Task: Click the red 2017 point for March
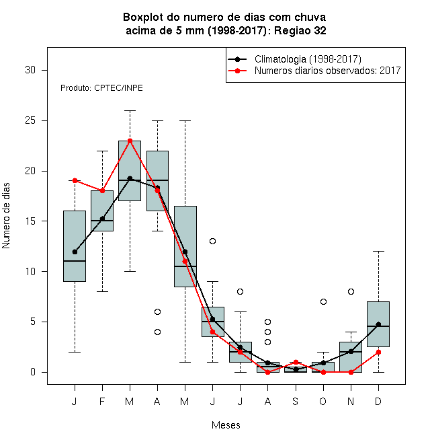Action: (130, 141)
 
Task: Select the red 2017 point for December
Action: (378, 352)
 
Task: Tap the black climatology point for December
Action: (378, 324)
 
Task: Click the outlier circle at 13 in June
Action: (213, 241)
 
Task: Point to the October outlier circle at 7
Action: (323, 301)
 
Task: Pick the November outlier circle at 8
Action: (351, 291)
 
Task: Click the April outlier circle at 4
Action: (158, 332)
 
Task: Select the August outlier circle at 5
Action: (268, 322)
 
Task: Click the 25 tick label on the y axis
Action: (30, 120)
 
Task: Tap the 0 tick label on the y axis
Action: (33, 372)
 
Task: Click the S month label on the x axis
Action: (296, 401)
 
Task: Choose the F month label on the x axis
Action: (102, 401)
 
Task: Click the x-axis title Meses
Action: (226, 425)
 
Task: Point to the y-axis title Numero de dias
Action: (6, 216)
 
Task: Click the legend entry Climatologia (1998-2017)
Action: (308, 59)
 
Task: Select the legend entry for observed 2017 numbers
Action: (328, 71)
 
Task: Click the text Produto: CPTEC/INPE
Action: (101, 88)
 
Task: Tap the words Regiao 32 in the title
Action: (300, 30)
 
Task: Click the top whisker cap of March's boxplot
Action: (130, 111)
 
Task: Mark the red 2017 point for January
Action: (75, 180)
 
